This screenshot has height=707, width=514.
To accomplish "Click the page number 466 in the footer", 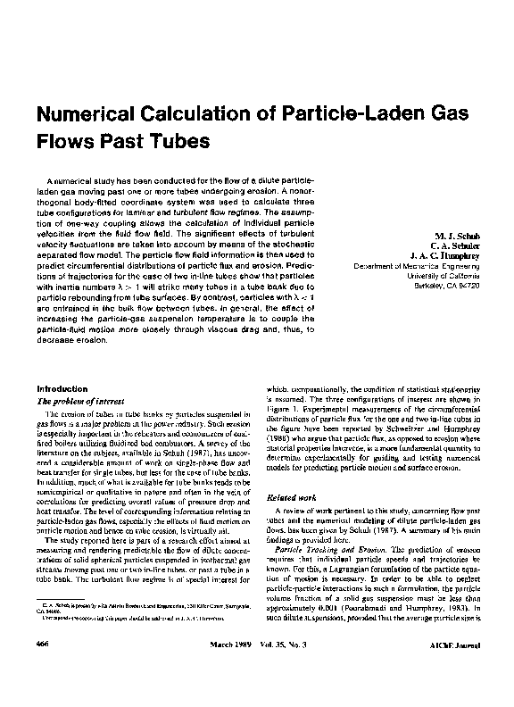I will [41, 669].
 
